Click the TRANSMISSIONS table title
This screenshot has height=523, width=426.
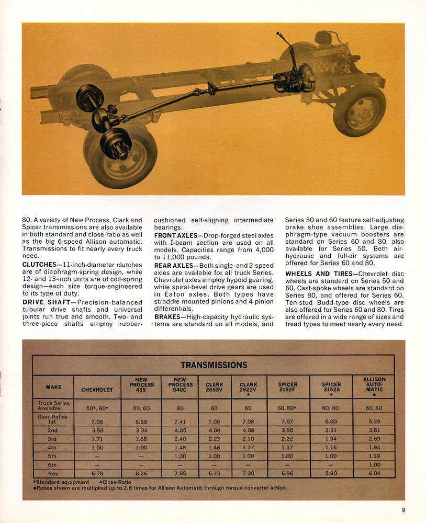(x=214, y=365)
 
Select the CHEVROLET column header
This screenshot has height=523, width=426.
(x=97, y=390)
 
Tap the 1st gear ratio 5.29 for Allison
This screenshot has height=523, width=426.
(x=374, y=421)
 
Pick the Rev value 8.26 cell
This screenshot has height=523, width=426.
(x=141, y=473)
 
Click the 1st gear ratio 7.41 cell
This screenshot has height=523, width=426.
(x=181, y=421)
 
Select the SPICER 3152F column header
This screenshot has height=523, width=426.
(x=288, y=387)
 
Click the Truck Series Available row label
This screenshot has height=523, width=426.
(x=53, y=406)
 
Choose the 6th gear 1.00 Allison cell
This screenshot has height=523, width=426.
(x=374, y=464)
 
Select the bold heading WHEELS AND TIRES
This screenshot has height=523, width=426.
(x=315, y=274)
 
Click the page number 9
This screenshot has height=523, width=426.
(x=403, y=510)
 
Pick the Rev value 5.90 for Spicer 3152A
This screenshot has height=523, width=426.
(x=331, y=473)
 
